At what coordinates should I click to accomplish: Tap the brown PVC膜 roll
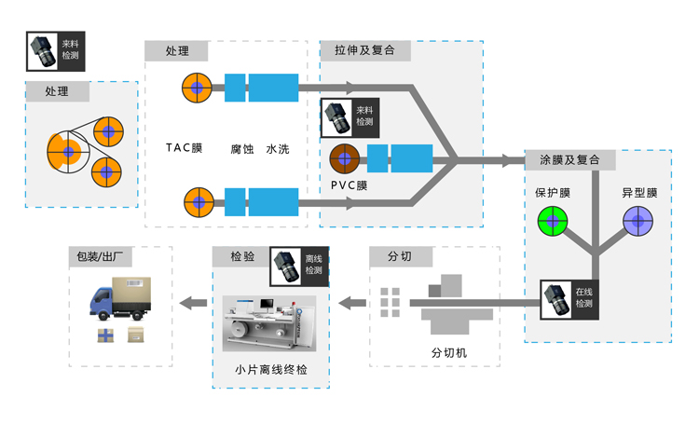pos(344,158)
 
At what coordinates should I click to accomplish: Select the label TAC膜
pos(184,148)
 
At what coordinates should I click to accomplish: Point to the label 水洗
pos(278,148)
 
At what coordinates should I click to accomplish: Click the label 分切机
pos(448,353)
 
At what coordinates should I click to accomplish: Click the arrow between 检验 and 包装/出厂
pos(193,302)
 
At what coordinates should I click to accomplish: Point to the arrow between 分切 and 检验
pos(352,302)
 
